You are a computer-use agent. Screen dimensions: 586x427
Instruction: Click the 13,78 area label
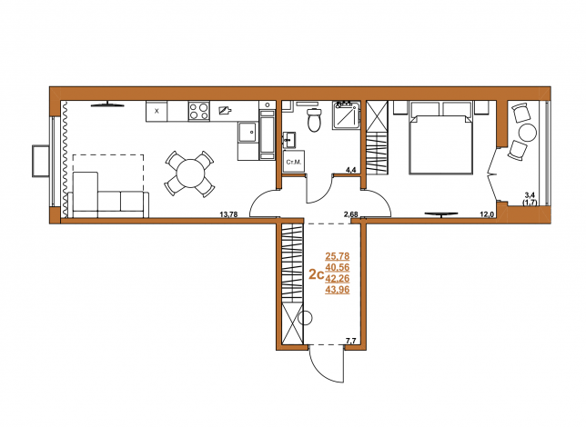tap(228, 214)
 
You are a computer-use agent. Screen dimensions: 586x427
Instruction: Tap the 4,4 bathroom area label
tap(351, 170)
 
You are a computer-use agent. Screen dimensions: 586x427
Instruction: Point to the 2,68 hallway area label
tap(351, 214)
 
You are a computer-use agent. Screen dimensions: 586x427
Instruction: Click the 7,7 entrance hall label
tap(351, 340)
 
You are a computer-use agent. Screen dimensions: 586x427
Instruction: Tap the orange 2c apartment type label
tap(316, 275)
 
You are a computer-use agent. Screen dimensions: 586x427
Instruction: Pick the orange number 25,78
tap(338, 256)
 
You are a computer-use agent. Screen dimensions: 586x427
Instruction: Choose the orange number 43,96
tap(338, 290)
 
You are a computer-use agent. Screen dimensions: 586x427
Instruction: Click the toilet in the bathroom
tap(314, 119)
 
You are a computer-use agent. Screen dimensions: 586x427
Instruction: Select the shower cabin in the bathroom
tap(347, 115)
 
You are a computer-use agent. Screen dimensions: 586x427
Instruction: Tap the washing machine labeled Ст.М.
tap(294, 162)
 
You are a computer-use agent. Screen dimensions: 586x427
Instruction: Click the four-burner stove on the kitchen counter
tap(198, 111)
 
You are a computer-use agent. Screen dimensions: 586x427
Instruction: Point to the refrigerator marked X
tap(157, 111)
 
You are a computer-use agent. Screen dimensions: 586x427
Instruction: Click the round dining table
tap(190, 174)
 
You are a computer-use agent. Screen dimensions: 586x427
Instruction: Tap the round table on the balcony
tap(527, 133)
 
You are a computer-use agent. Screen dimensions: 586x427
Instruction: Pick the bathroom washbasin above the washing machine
tap(289, 140)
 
